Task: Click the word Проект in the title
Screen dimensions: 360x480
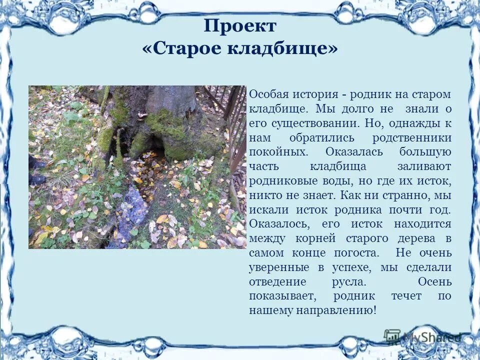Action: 240,26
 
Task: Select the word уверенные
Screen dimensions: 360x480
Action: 279,267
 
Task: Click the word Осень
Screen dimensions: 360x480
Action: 434,282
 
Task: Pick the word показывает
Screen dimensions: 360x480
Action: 281,296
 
